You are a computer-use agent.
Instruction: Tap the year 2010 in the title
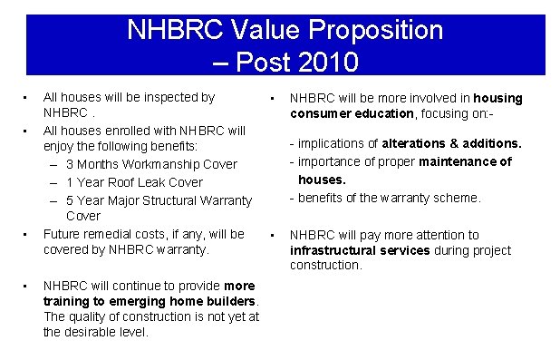(323, 63)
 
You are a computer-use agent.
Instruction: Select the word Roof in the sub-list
(126, 181)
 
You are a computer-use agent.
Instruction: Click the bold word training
(67, 299)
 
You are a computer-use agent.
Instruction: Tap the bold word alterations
(414, 143)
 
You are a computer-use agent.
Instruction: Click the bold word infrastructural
(331, 249)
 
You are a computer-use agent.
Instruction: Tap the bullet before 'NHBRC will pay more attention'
(272, 235)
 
